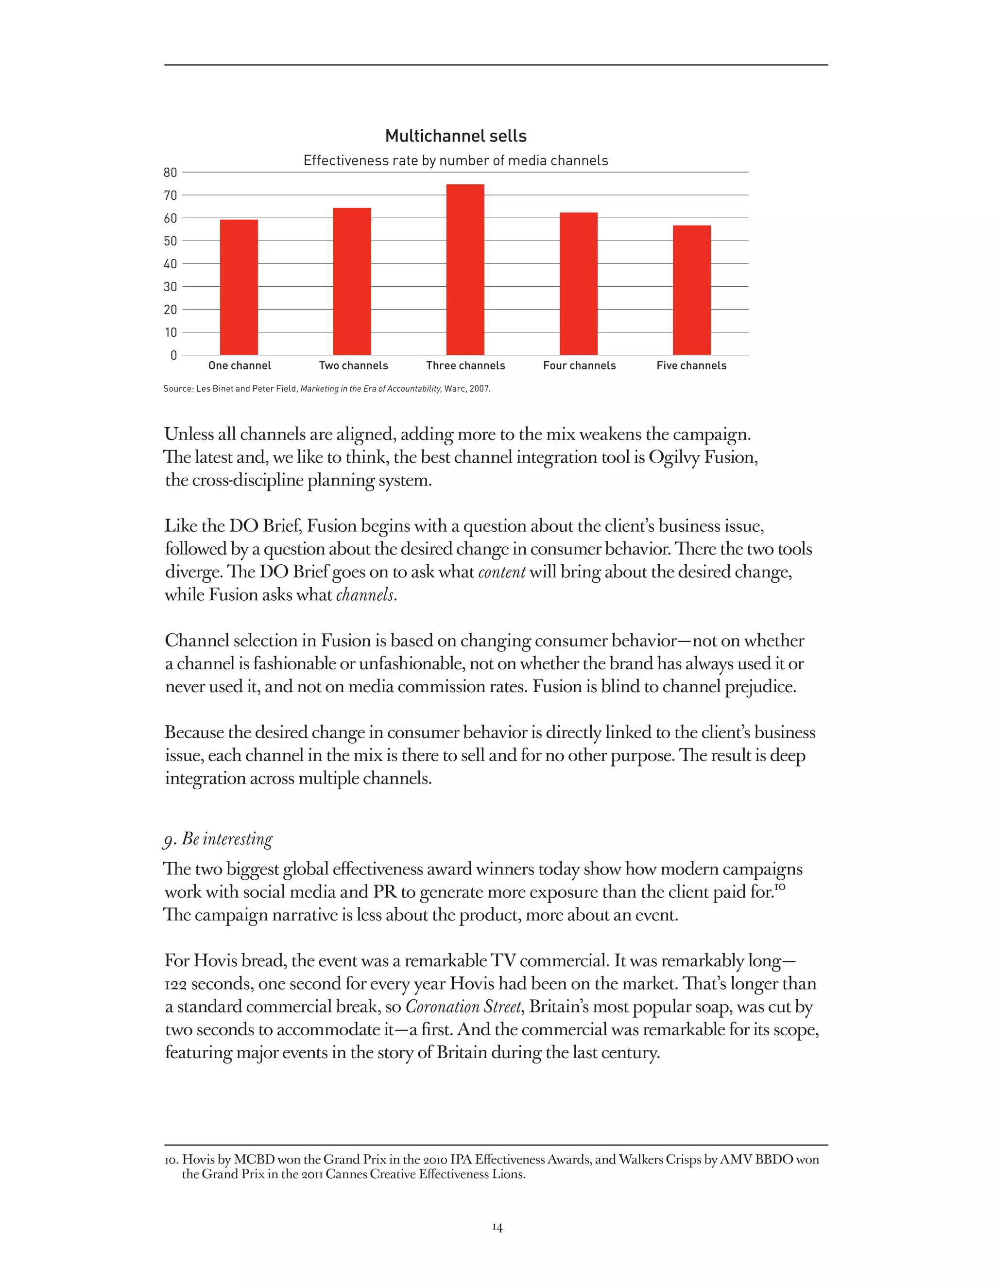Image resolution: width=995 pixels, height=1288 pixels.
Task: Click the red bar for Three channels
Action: tap(465, 270)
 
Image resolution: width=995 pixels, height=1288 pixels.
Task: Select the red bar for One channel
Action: tap(239, 287)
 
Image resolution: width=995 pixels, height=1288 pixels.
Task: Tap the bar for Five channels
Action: tap(691, 290)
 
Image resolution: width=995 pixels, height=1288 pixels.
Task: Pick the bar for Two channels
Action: tap(352, 281)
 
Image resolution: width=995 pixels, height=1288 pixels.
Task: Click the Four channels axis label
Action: tap(579, 366)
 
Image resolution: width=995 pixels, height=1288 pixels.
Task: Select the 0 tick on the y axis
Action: tap(173, 355)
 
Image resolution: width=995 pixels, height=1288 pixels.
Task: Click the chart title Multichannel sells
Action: tap(456, 136)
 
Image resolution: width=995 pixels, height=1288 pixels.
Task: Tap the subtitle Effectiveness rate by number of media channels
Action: tap(456, 160)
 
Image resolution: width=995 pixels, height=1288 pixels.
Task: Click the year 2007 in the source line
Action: tap(479, 389)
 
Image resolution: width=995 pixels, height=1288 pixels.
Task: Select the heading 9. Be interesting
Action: tap(218, 838)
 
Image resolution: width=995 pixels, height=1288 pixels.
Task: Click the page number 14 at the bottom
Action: tap(497, 1227)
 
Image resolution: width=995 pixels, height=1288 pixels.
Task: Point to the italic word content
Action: tap(501, 572)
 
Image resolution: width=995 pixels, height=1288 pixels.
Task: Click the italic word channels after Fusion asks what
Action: tap(364, 595)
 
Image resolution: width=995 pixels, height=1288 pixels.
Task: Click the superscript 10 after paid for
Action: tap(780, 888)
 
